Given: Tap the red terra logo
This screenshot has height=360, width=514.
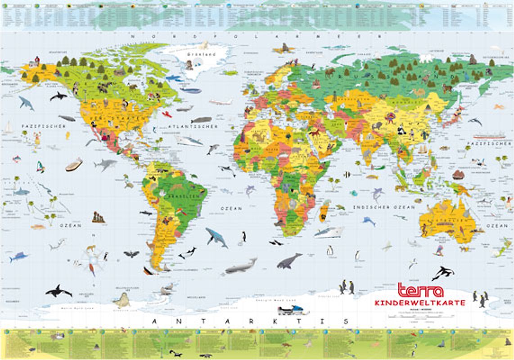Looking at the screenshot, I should click(x=420, y=291).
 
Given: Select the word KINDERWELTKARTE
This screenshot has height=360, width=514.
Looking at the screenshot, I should click(x=419, y=303).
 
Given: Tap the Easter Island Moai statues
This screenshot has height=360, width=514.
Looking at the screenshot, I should click(x=98, y=217).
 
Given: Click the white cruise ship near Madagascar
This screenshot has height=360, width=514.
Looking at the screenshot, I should click(x=329, y=232).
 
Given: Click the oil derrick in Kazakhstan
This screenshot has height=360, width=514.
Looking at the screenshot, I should click(x=334, y=96).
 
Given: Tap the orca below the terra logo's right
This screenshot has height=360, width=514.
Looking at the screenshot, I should click(x=442, y=272).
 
